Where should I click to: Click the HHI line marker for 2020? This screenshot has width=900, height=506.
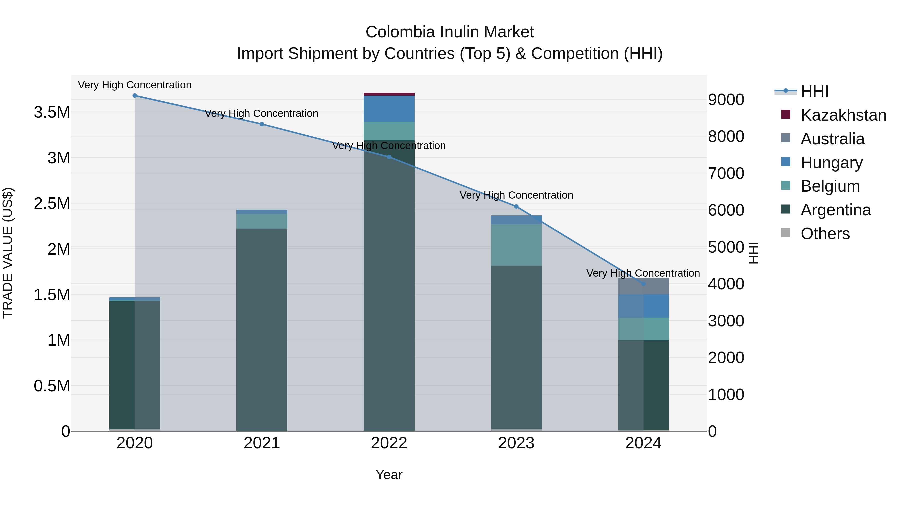(x=135, y=96)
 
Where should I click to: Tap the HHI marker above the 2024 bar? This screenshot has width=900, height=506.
(x=643, y=284)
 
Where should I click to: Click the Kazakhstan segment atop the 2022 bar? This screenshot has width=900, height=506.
(x=389, y=94)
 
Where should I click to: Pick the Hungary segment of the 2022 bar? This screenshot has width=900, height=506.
(x=389, y=109)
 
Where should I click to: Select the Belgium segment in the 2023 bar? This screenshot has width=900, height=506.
(x=516, y=244)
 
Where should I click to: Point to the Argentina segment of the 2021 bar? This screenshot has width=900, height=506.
(x=262, y=328)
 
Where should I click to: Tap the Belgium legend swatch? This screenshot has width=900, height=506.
(x=786, y=185)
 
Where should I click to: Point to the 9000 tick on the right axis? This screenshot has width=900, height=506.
(x=726, y=100)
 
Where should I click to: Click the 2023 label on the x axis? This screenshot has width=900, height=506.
(x=516, y=443)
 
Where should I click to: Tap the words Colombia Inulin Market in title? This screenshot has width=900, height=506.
(x=450, y=32)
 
